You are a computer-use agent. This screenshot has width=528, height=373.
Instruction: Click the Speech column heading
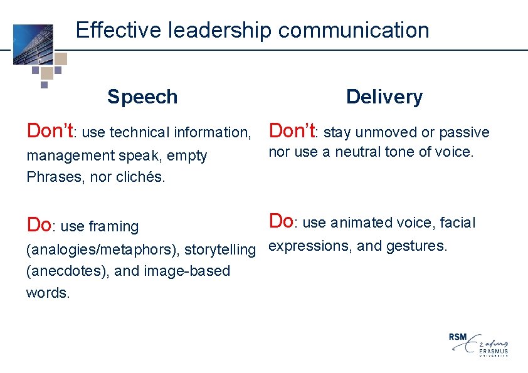[142, 97]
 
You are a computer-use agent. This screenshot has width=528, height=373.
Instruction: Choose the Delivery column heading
[384, 97]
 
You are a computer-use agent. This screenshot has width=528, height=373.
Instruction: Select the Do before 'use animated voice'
[281, 221]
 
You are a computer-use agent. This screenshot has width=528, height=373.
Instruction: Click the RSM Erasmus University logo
[478, 344]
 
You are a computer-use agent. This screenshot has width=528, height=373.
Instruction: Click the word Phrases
[50, 177]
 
